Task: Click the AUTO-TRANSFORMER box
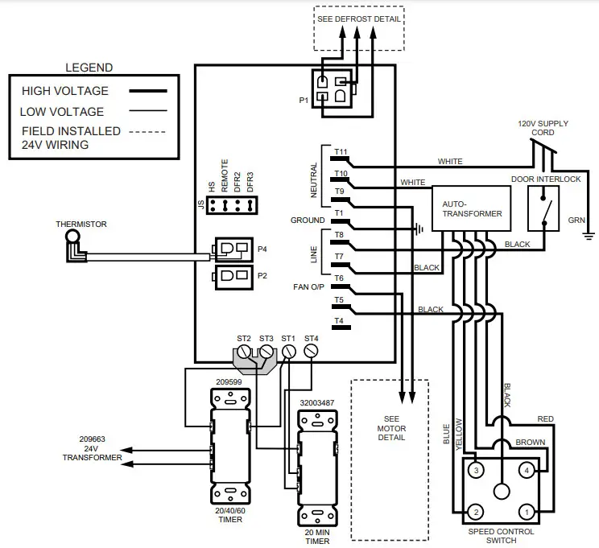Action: pos(473,209)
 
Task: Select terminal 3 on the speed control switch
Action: pos(477,469)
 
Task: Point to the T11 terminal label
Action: pos(340,151)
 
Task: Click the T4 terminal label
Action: pos(339,321)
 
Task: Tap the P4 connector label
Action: pos(262,249)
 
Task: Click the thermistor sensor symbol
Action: pos(72,243)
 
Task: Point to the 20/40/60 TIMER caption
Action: pos(231,515)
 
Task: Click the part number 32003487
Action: pos(318,402)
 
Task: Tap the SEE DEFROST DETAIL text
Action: pos(359,19)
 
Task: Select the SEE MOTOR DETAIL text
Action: pos(392,428)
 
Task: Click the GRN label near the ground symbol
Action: pos(576,218)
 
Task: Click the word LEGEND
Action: pos(89,68)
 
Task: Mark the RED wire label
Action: pos(546,418)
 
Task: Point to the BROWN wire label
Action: pos(529,443)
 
